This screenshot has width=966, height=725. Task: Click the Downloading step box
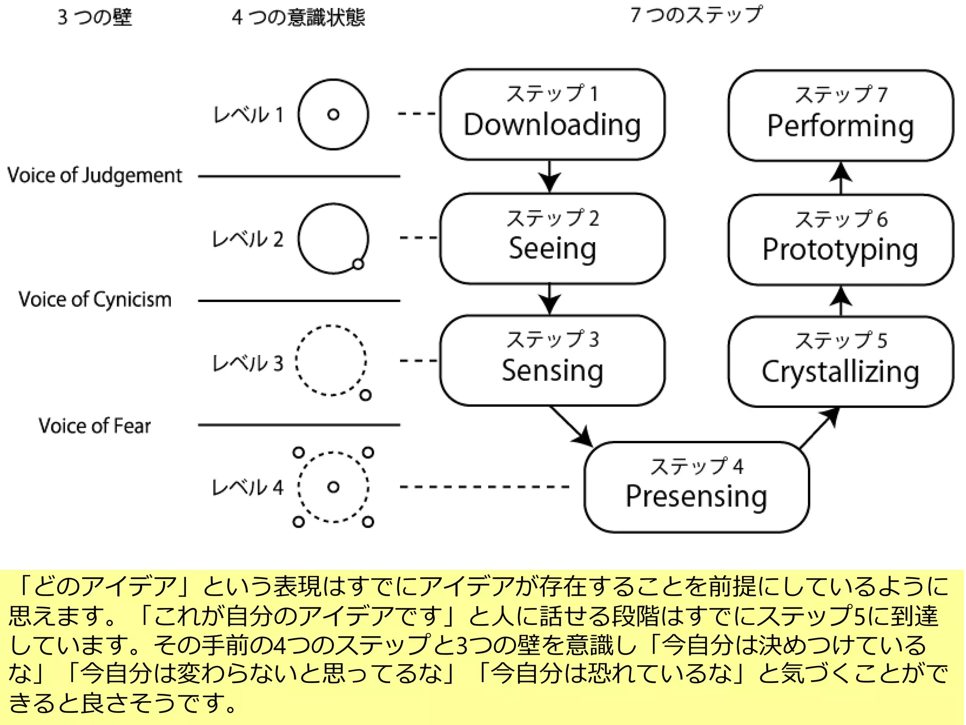[552, 114]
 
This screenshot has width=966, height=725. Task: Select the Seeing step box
[552, 238]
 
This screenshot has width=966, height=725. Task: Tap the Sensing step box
[552, 360]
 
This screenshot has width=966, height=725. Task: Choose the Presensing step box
[696, 487]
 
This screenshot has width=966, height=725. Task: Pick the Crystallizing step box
[840, 362]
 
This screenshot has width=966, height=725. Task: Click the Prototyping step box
[840, 240]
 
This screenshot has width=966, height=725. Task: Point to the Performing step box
[840, 116]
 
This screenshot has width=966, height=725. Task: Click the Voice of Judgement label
[94, 176]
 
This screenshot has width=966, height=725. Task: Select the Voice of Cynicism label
[94, 300]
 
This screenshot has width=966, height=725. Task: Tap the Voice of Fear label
[94, 426]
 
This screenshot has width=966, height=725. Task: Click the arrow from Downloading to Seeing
[550, 177]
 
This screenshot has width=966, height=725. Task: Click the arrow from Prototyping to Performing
[841, 177]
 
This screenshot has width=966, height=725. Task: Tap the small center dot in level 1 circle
[333, 114]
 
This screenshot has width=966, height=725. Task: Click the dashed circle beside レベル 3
[331, 360]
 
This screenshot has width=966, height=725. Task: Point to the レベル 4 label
[247, 487]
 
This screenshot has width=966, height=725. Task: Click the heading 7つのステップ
[696, 15]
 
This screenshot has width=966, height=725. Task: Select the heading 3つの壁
[94, 17]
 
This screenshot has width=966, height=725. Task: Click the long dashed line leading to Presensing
[484, 487]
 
